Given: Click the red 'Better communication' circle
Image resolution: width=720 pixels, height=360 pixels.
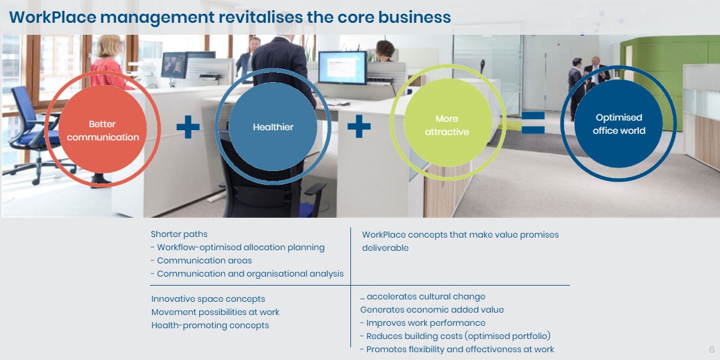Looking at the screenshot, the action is coord(103,129).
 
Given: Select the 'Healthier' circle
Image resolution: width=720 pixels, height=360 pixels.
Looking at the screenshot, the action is coord(273,127).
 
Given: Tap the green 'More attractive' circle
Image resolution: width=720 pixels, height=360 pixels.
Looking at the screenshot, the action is coord(448,122).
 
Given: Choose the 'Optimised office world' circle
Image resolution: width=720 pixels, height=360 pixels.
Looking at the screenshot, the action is coord(619,124).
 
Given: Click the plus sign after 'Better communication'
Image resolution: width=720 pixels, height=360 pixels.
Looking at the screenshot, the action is coord(188,127).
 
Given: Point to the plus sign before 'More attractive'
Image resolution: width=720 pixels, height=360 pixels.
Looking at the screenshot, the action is coord(359,127).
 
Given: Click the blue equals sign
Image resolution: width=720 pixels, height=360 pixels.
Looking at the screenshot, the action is coord(533,122).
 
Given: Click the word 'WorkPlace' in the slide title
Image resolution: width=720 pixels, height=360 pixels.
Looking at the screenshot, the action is coord(53,17).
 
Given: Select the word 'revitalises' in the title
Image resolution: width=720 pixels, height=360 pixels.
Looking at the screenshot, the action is coord(260,17).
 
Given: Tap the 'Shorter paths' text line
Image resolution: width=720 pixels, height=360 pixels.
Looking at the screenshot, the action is coord(179,234).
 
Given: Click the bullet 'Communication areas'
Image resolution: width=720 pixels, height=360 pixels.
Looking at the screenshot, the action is coord(201,260).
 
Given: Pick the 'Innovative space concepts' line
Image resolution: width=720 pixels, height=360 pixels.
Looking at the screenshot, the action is coord(208,299).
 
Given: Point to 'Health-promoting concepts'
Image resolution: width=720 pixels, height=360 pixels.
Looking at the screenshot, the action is coord(210,325).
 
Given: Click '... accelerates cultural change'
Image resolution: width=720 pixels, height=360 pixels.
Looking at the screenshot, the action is coord(422,296).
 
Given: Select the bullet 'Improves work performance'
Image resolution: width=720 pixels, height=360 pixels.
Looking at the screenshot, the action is coord(422,323).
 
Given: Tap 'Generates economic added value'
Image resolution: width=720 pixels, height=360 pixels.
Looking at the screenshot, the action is coord(432,310).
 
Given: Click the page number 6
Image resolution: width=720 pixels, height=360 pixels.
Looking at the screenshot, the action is coord(712,349).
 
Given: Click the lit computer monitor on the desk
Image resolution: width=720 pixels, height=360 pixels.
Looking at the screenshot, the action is coord(343,67).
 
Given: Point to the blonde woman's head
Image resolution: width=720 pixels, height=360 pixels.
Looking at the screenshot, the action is coord(109,47).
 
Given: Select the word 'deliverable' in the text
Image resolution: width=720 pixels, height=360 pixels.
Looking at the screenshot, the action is coord(385,248).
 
